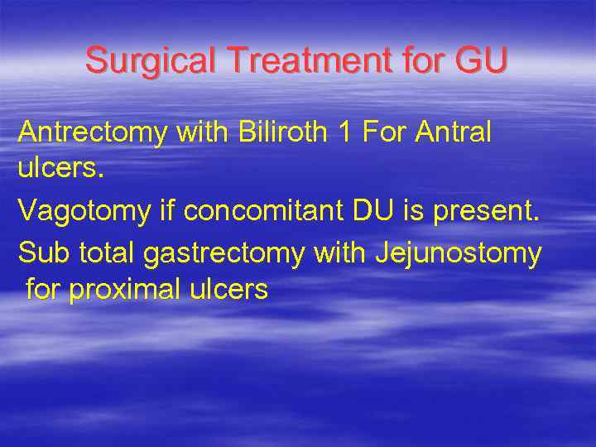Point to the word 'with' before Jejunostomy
point(340,252)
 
